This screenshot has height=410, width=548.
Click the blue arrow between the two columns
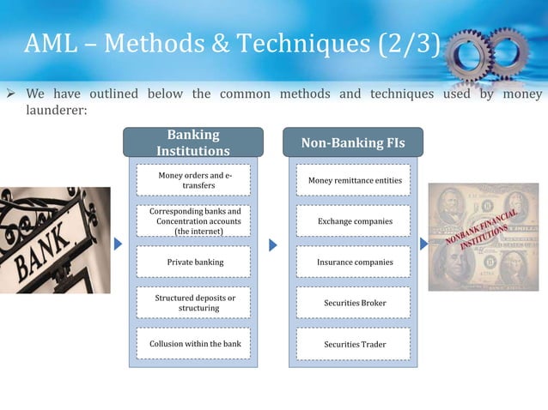pyautogui.click(x=273, y=245)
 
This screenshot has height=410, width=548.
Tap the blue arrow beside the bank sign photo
pyautogui.click(x=118, y=245)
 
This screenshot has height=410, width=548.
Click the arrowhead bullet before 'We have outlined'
pyautogui.click(x=12, y=93)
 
